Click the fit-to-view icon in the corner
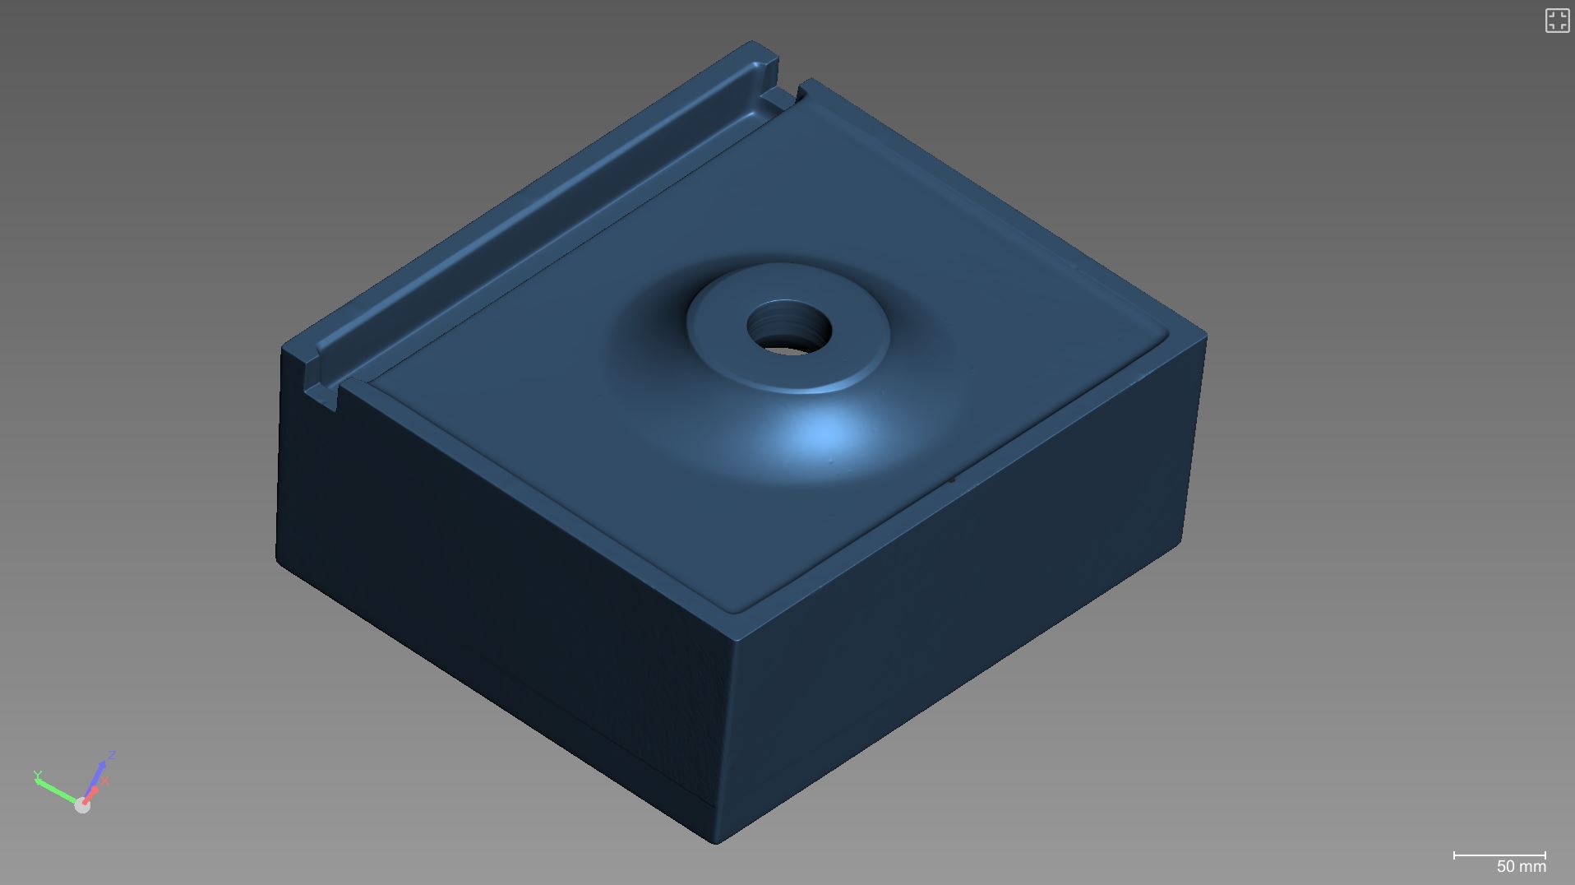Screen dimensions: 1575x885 1557,21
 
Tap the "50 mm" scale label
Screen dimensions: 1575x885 1521,866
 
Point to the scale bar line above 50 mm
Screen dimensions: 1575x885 1499,855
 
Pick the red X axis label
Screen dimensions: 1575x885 105,781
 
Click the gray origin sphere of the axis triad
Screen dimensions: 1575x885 82,806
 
